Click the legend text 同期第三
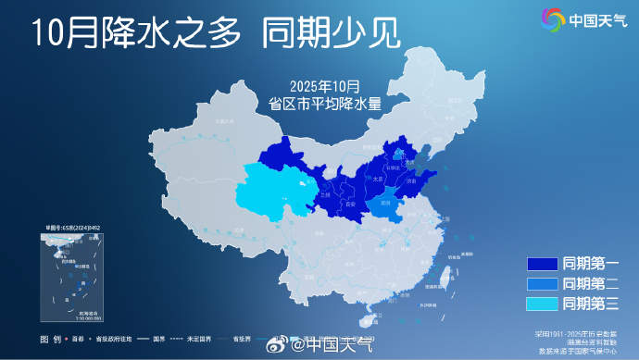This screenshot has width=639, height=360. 591,303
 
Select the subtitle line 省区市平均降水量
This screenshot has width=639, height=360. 324,104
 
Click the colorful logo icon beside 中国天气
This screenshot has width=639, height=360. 552,19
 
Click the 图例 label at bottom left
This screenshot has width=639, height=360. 51,340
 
